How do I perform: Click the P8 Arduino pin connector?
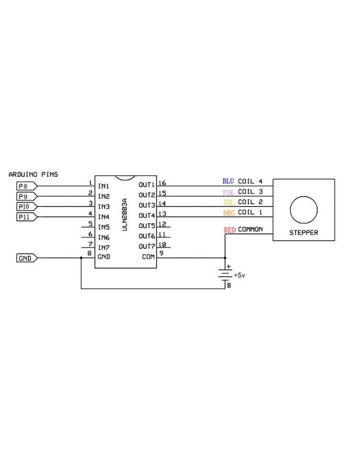27,186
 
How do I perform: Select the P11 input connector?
27,217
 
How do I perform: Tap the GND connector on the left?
27,258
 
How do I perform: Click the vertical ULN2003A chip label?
125,215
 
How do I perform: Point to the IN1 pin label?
104,186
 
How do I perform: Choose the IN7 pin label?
104,248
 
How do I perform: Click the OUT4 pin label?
147,216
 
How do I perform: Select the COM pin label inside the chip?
148,256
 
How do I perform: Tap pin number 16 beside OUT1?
162,183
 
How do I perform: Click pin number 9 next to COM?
161,253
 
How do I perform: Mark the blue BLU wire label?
228,181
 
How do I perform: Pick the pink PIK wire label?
228,193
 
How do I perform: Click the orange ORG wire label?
229,213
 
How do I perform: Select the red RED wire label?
229,230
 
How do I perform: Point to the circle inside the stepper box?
304,196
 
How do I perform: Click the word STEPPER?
304,233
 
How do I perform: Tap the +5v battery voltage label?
239,275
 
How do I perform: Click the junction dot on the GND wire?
81,258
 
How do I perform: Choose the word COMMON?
251,229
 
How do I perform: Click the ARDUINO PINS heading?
33,174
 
